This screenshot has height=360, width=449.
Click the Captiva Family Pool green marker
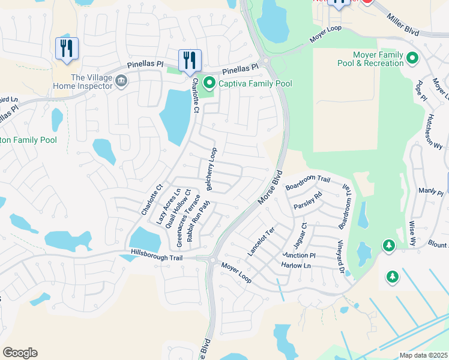point(209,83)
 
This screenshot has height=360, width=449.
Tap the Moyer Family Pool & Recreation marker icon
point(412,58)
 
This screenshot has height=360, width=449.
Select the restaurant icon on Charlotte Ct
point(190,61)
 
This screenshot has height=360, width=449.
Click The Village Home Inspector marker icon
point(121,80)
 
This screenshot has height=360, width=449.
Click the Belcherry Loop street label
point(211,170)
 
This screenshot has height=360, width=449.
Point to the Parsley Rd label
point(308,200)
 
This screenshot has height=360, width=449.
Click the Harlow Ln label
point(296,265)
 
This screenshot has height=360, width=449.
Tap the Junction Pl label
point(298,255)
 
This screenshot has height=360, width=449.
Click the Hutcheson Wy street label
point(436,131)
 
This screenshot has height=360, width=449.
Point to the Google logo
point(20,353)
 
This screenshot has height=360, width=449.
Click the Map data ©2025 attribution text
point(423,355)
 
